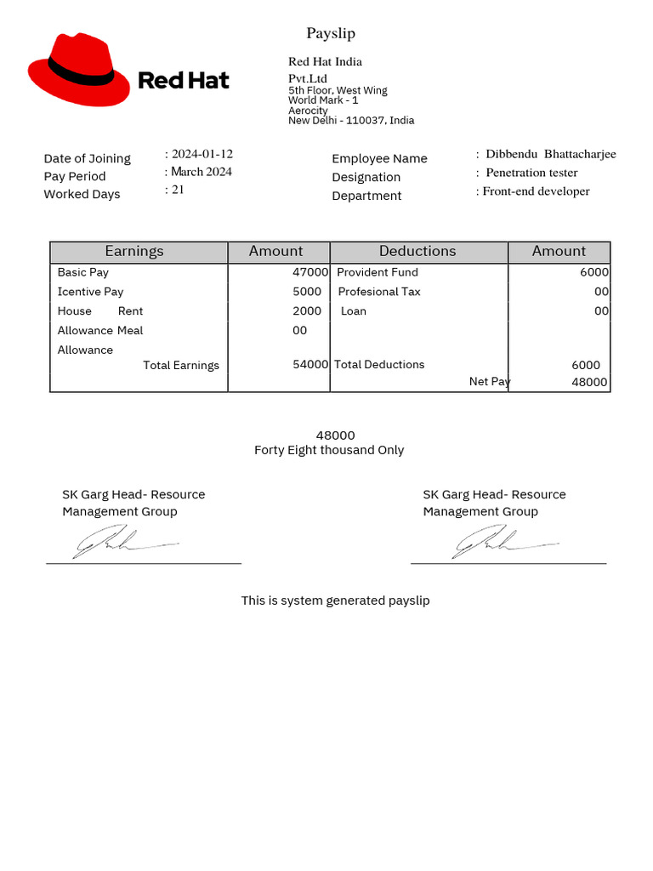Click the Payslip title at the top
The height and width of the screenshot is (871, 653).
point(331,33)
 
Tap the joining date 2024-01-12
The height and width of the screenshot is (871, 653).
point(202,154)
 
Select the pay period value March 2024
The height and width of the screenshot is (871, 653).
point(202,172)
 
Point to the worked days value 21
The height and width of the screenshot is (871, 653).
point(178,190)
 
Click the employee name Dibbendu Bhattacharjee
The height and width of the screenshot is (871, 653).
point(550,154)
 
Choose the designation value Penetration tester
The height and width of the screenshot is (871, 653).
point(531,173)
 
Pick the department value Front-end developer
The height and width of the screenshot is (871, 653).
point(536,191)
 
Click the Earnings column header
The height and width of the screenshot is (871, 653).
point(134,251)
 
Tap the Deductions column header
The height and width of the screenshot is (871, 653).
point(417,251)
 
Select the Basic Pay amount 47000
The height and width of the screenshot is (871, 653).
point(310,272)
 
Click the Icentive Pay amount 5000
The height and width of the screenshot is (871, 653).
point(307,292)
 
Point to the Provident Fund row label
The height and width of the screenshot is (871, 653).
point(378,272)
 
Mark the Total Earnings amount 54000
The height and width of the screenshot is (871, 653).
point(310,364)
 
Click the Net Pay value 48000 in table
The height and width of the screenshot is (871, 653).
point(589,382)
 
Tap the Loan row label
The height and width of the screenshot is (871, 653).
point(354,311)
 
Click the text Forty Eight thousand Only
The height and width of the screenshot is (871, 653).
point(329,450)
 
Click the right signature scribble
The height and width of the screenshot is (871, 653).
point(502,541)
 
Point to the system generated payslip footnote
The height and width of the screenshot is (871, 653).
point(335,601)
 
